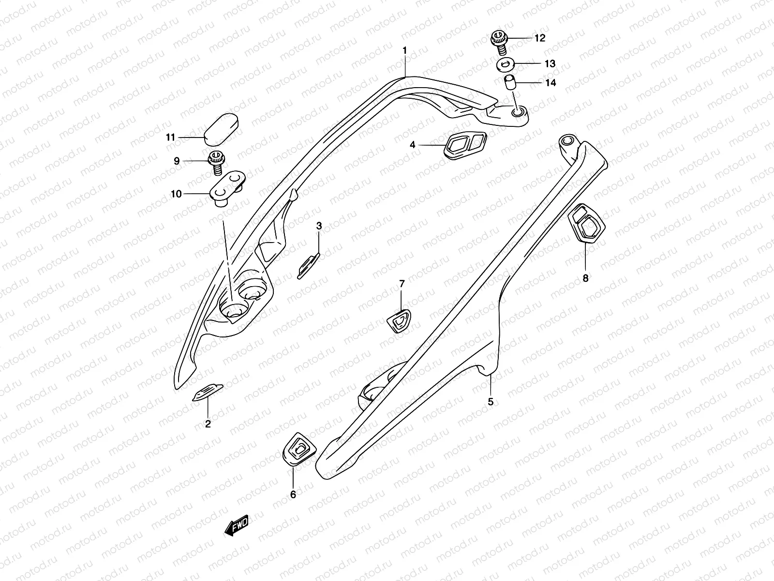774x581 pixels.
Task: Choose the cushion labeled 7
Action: click(x=400, y=321)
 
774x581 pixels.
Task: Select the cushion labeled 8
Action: click(x=587, y=224)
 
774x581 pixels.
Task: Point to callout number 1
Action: click(x=405, y=51)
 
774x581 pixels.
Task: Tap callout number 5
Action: click(x=491, y=401)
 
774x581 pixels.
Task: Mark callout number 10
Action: click(x=176, y=194)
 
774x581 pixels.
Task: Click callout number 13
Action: click(x=550, y=63)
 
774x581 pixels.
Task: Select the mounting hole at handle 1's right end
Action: click(x=519, y=113)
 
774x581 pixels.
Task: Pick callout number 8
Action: click(x=585, y=278)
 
